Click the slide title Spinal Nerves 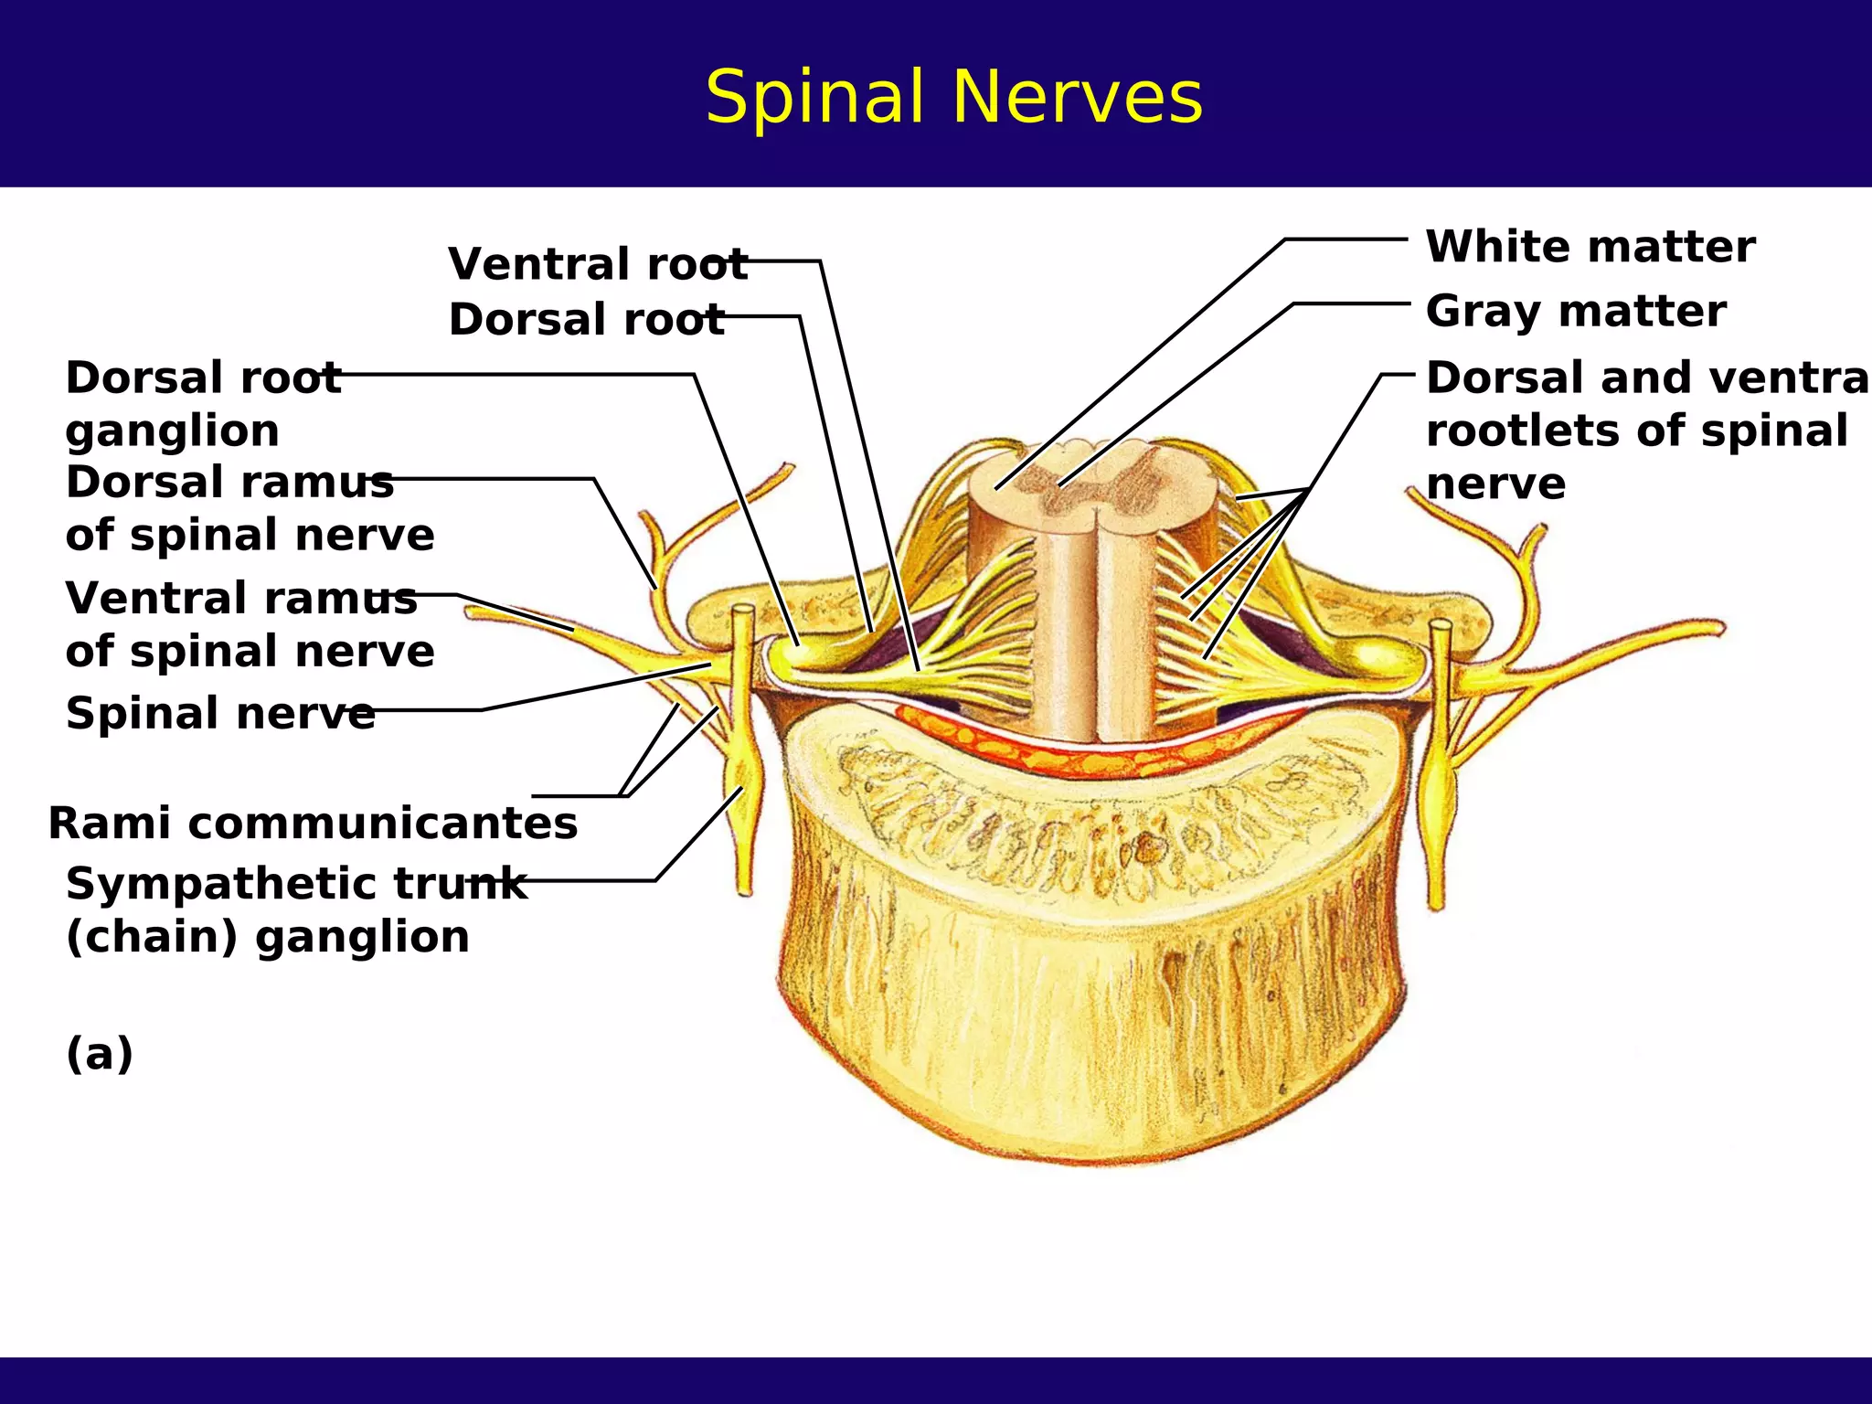(x=953, y=97)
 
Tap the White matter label (x=1590, y=247)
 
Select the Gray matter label (x=1575, y=311)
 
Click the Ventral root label (x=597, y=264)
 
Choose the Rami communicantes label (x=313, y=823)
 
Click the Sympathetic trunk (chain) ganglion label (x=294, y=909)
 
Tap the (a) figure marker (x=100, y=1053)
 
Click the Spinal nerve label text (x=219, y=713)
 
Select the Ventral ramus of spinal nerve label (x=249, y=624)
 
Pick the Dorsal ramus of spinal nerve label (x=249, y=508)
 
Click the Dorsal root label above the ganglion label (x=585, y=320)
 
